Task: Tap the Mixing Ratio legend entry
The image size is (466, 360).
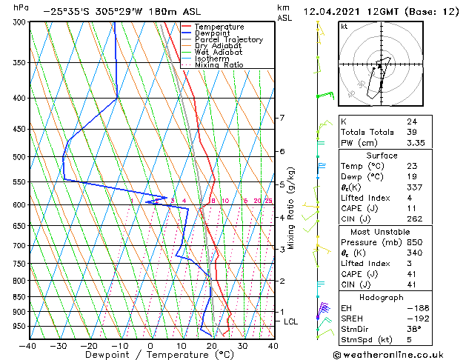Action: click(219, 64)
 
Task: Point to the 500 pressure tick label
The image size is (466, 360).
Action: click(16, 157)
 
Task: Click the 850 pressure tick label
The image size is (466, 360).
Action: click(16, 296)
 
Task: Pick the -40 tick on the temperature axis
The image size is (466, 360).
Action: click(28, 345)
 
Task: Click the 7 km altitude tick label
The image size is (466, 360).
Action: click(282, 118)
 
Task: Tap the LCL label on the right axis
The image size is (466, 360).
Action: click(291, 321)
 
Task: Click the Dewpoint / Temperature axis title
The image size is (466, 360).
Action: click(150, 355)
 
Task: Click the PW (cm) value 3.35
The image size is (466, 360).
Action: click(416, 143)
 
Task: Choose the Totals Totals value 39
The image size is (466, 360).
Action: click(411, 132)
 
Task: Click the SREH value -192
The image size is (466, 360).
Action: click(416, 317)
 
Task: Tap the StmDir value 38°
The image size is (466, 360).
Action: click(414, 328)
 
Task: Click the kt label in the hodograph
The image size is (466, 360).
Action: click(344, 26)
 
